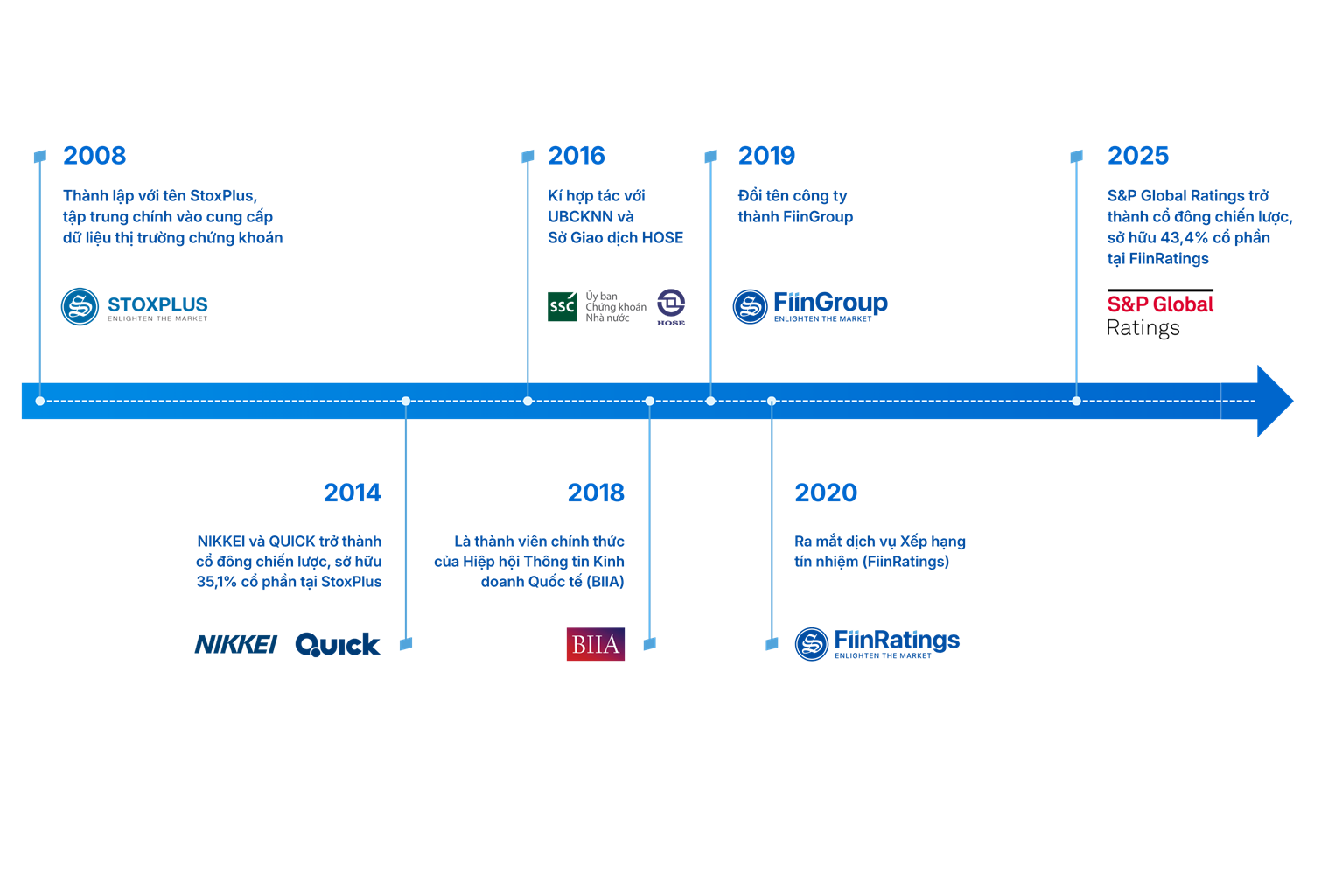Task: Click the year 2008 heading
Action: click(94, 156)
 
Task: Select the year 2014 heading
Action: click(352, 493)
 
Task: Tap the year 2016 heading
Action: click(576, 156)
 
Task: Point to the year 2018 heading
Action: click(596, 493)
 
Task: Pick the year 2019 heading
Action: click(766, 156)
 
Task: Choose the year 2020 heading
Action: click(826, 493)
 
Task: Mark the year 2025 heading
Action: click(1137, 156)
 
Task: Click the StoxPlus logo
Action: click(135, 306)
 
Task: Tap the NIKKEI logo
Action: click(235, 645)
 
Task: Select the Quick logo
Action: click(338, 645)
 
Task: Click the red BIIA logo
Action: click(596, 645)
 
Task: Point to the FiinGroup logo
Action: click(810, 306)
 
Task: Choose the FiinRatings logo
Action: click(877, 643)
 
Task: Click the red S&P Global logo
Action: click(1160, 305)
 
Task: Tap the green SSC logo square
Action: click(562, 307)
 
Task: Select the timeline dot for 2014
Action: click(405, 402)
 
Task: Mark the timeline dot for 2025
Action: click(1076, 402)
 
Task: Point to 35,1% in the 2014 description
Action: click(216, 582)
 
